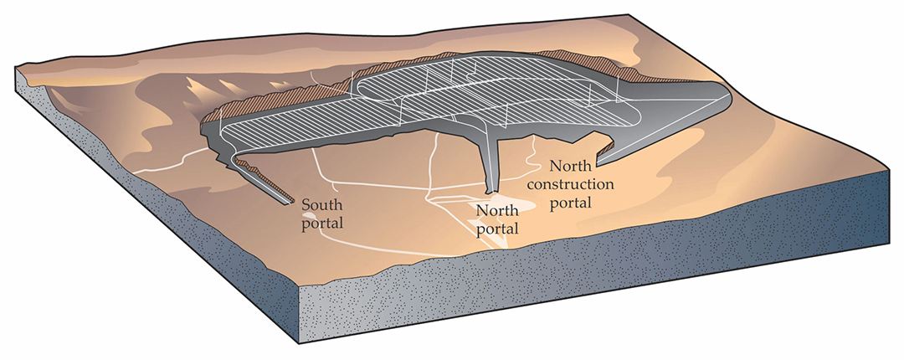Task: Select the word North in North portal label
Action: (493, 211)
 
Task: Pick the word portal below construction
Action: (573, 203)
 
